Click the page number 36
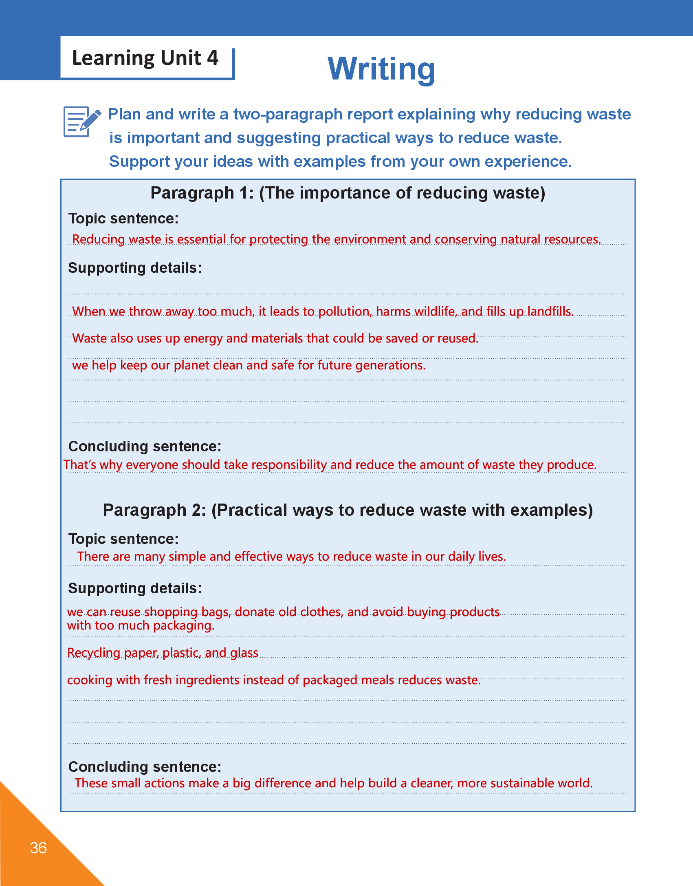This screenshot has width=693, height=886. tap(38, 848)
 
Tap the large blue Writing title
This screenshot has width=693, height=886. tap(381, 68)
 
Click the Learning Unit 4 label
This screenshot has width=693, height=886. tap(145, 58)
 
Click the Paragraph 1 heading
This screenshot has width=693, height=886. tap(348, 193)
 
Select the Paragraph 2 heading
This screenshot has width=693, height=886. tap(348, 510)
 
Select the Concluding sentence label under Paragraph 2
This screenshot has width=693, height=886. tap(145, 767)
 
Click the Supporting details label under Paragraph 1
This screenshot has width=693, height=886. tap(135, 268)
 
